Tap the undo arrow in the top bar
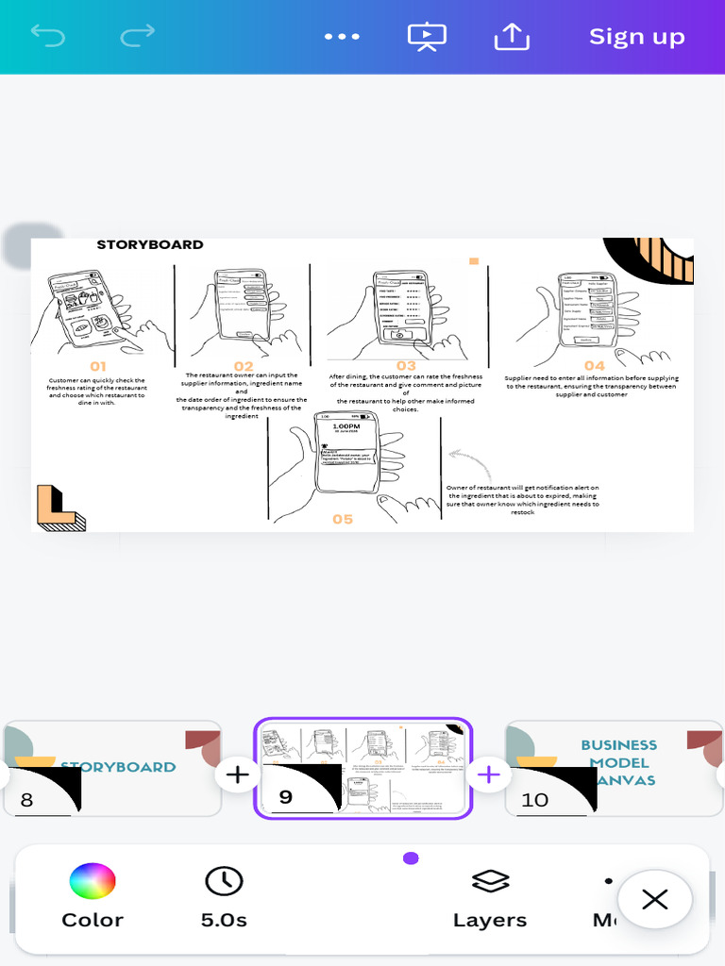coord(47,37)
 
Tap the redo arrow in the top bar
coord(138,37)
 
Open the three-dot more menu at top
coord(342,37)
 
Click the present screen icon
coord(427,37)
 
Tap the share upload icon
coord(512,37)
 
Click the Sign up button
coord(636,37)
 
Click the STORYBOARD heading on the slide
coord(150,244)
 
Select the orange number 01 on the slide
coord(98,366)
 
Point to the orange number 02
coord(244,366)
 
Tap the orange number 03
coord(406,366)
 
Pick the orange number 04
coord(594,366)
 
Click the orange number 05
coord(343,519)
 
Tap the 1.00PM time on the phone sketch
coord(346,426)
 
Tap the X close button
coord(655,899)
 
